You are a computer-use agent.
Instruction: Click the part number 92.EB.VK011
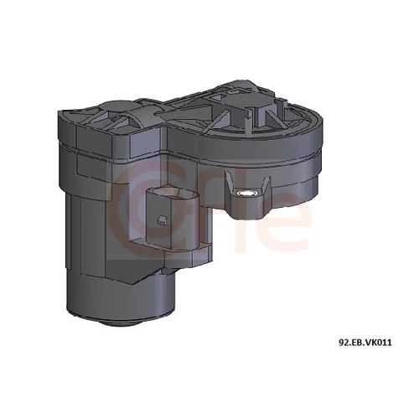(x=365, y=343)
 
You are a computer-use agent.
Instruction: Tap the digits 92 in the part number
(x=344, y=343)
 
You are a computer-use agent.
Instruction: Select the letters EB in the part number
(x=357, y=343)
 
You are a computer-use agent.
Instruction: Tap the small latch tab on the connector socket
(x=162, y=220)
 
